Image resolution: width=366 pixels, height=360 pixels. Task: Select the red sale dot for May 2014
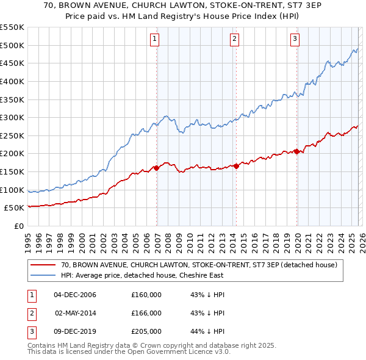pos(236,166)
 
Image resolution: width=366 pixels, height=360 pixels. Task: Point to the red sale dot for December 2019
pos(297,152)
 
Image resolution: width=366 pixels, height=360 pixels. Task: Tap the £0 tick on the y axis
pos(18,226)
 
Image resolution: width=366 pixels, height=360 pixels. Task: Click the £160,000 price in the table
pos(146,295)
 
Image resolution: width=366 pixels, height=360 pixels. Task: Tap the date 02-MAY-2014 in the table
pos(75,313)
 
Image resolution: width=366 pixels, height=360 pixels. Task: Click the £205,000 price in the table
pos(146,331)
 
